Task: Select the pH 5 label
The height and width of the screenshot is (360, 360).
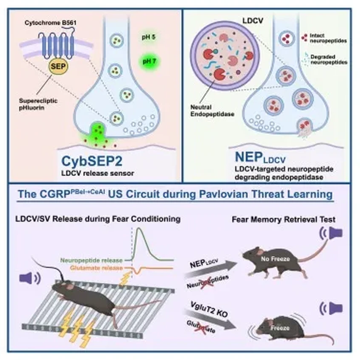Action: click(149, 38)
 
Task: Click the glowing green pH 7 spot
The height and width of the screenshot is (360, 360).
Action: click(148, 61)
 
